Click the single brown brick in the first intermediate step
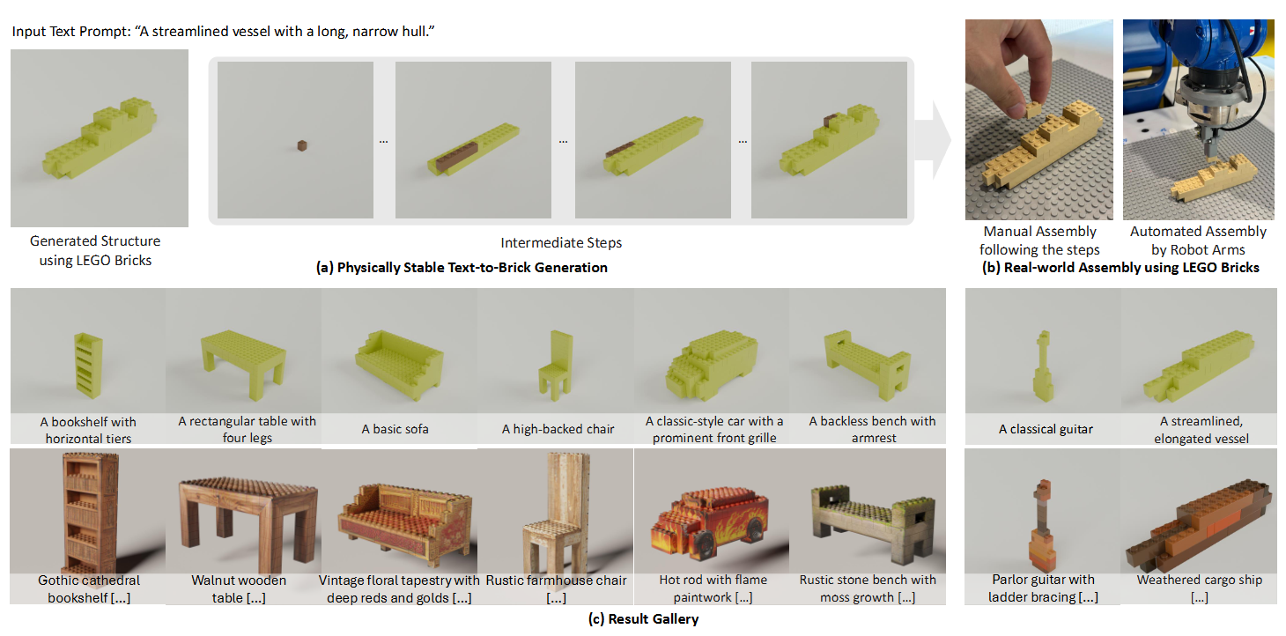(x=302, y=146)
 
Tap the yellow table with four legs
(x=243, y=363)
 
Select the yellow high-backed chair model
(x=556, y=364)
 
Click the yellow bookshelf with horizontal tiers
(x=88, y=366)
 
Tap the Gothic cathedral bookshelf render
(x=91, y=511)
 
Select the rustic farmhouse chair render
(x=555, y=512)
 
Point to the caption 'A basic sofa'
(x=395, y=429)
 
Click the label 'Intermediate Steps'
(x=561, y=243)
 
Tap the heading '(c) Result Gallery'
(x=643, y=618)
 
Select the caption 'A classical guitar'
(x=1046, y=429)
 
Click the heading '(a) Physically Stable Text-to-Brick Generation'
(x=462, y=268)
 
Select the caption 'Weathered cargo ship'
(x=1200, y=580)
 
